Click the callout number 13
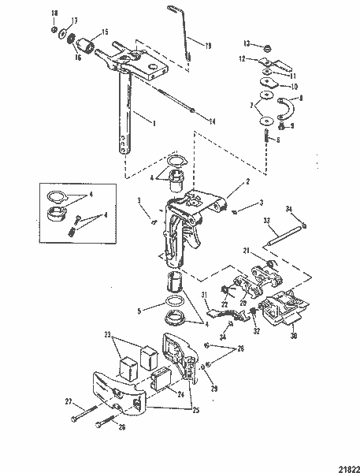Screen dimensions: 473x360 247,44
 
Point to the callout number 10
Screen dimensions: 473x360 294,86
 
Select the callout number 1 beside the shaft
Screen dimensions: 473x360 155,124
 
